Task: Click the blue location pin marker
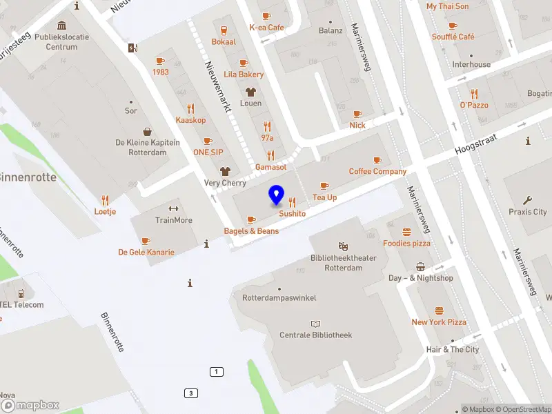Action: (277, 195)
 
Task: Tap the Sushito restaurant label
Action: (292, 214)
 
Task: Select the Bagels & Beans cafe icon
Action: (251, 220)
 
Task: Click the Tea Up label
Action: (324, 197)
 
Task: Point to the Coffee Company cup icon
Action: (377, 160)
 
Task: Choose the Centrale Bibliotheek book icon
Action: (316, 324)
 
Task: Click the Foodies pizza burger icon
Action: (406, 232)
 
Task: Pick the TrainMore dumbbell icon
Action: (173, 209)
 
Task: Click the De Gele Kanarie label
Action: (146, 253)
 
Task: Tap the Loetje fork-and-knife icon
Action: (105, 200)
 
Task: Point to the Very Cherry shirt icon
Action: (224, 171)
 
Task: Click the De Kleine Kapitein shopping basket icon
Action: (148, 131)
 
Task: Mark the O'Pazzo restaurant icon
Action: (474, 94)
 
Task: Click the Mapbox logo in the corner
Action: (30, 406)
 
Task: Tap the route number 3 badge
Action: (190, 393)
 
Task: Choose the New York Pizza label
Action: (439, 322)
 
